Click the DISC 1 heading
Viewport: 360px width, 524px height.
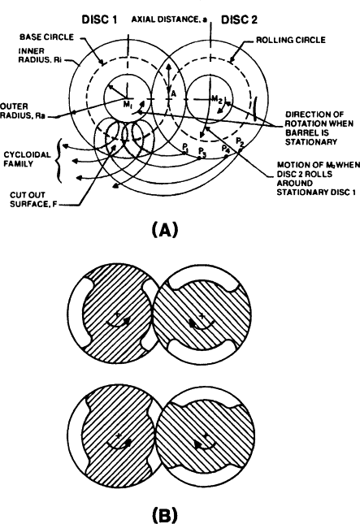pos(99,19)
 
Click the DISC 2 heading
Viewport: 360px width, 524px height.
pos(240,19)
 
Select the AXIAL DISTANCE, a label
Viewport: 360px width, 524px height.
pos(169,19)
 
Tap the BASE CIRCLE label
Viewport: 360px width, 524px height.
pos(47,37)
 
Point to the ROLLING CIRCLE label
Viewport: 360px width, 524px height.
pos(290,40)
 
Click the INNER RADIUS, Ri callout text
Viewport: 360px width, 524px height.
pos(40,55)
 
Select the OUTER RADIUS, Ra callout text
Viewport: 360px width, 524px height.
pos(23,111)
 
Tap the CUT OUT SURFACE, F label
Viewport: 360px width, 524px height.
pos(33,200)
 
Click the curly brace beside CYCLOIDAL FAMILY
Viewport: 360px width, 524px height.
pos(59,160)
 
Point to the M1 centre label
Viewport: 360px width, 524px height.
pos(128,104)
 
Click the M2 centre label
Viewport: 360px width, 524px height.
pos(217,99)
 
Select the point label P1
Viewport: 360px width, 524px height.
pos(185,147)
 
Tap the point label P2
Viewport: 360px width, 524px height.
pos(240,141)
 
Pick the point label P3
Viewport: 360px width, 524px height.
pos(202,151)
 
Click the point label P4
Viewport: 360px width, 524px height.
pos(226,148)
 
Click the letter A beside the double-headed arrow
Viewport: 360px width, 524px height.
pos(173,94)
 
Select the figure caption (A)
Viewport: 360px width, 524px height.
pos(165,230)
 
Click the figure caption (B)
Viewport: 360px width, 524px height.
pos(165,515)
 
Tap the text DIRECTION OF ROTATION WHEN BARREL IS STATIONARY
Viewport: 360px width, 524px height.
pos(314,128)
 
